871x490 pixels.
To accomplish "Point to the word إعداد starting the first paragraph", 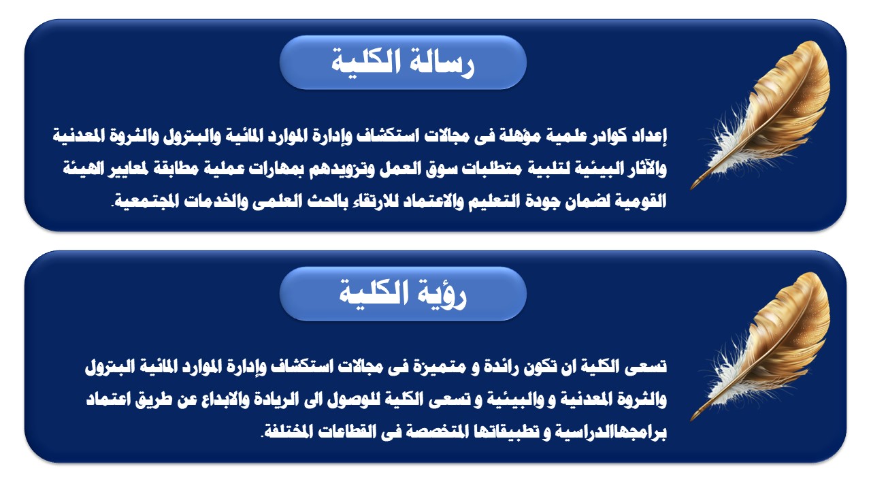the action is [649, 135].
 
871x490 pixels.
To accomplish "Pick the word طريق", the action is [154, 399].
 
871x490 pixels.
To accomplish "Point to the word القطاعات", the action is [342, 432].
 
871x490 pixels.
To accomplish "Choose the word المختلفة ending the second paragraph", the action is [287, 432].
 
